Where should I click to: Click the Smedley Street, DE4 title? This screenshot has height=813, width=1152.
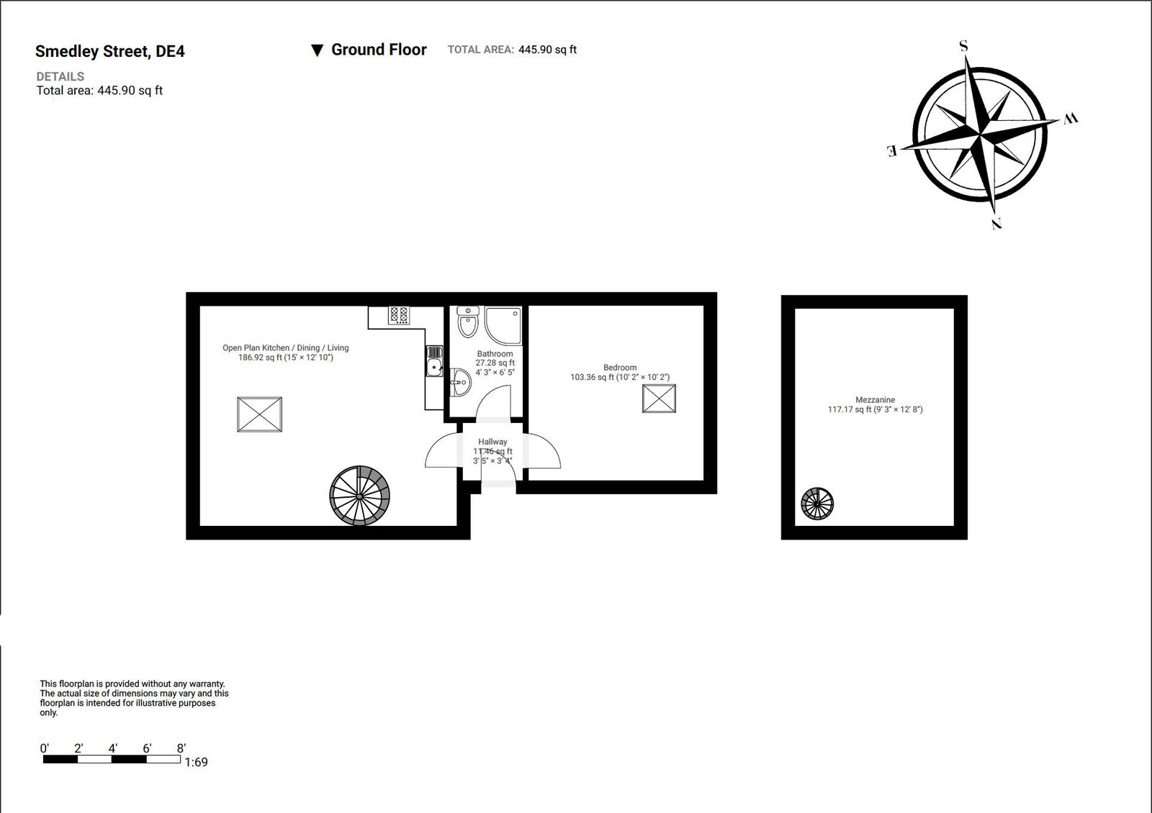coord(109,51)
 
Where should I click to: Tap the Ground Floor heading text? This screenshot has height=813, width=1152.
coord(379,50)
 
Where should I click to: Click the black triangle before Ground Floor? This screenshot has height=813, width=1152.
coord(317,50)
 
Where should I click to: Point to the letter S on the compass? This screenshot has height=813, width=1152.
coord(963,47)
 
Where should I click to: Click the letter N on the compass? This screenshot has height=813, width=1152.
coord(997,224)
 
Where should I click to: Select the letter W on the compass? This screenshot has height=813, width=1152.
coord(1071,119)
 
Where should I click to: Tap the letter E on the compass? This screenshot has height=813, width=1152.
coord(891,150)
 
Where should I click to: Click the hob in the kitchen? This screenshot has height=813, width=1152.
coord(399,314)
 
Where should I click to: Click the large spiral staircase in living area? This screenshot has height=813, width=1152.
coord(359,496)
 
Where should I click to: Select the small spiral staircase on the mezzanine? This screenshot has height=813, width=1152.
coord(817,504)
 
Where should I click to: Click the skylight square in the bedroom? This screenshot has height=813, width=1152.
coord(659,399)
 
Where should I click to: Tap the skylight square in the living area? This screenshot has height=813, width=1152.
coord(259,414)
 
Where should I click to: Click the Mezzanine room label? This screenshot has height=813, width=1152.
coord(875,400)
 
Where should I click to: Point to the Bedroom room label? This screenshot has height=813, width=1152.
coord(620,368)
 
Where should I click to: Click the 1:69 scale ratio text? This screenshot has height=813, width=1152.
coord(196,763)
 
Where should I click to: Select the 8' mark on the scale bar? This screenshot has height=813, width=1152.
coord(181,748)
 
